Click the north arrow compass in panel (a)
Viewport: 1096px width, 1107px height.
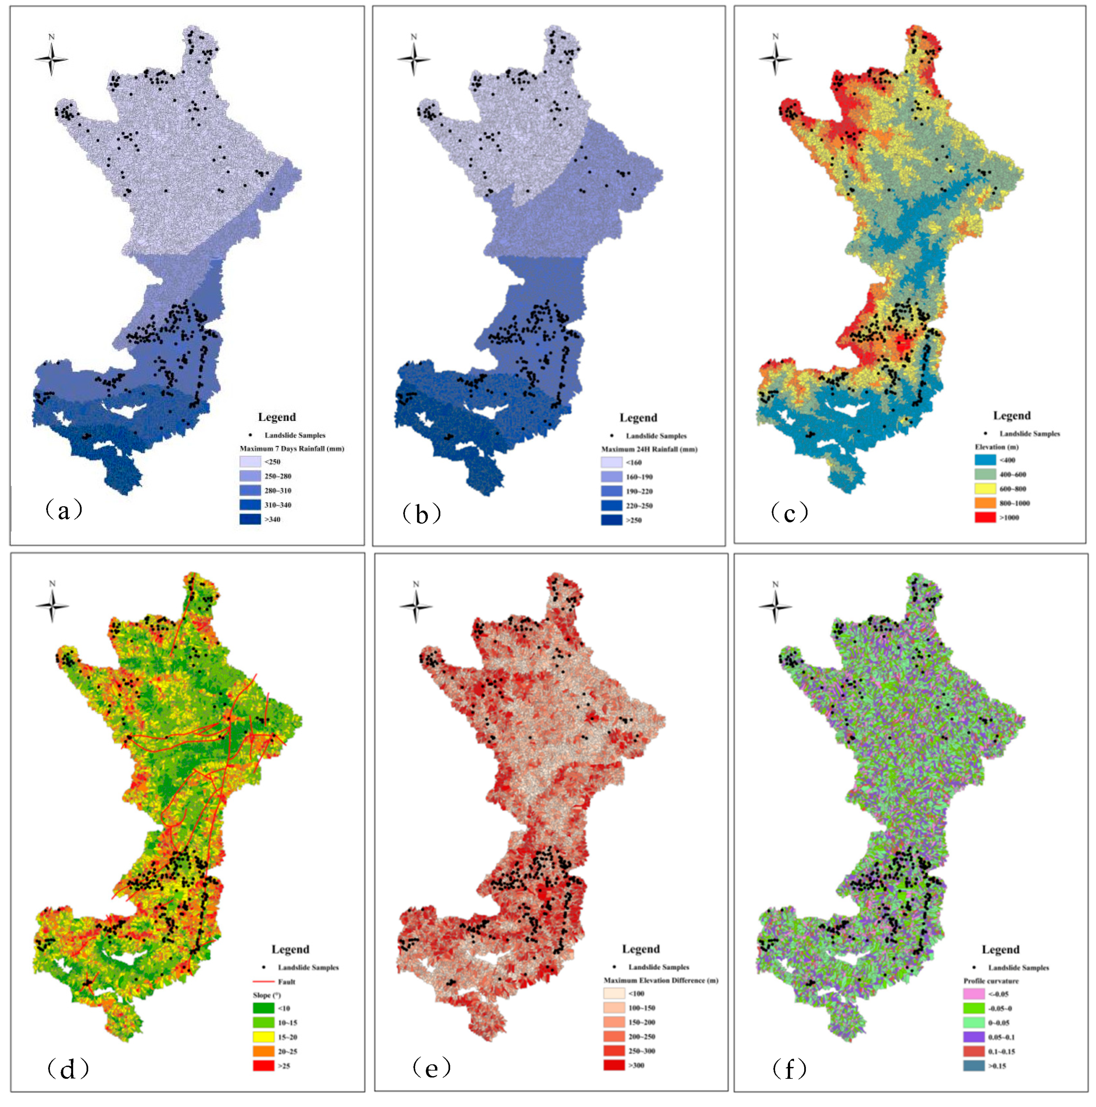(x=51, y=58)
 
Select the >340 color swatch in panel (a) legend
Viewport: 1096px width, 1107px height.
(x=250, y=519)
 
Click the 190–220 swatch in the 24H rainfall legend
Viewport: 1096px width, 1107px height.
(x=611, y=491)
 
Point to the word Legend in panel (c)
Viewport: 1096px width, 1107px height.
(x=1011, y=416)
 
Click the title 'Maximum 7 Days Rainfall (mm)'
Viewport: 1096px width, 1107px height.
(x=291, y=449)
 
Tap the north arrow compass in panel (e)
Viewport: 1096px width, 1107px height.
(x=415, y=606)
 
